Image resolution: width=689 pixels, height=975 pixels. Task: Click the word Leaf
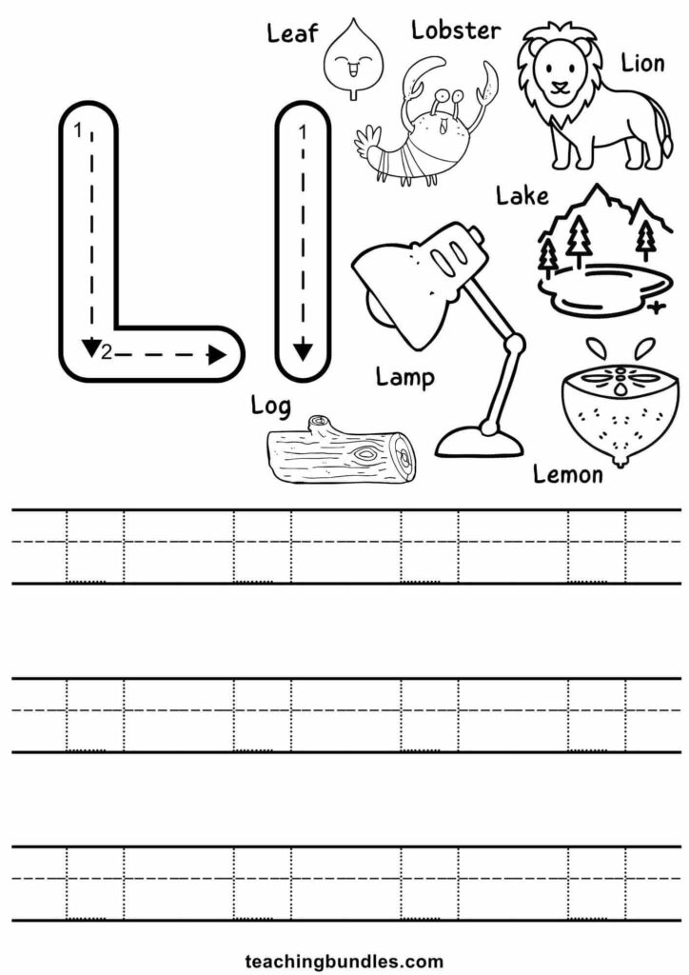(x=292, y=33)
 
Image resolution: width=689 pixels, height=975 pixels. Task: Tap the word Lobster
(x=456, y=30)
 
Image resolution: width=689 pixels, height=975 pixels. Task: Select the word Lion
(x=642, y=63)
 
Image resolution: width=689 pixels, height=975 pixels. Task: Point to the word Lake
(x=522, y=196)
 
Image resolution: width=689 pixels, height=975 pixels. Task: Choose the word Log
(x=270, y=407)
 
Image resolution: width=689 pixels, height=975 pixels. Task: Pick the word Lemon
(x=568, y=474)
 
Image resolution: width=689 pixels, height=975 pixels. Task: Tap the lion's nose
(x=561, y=86)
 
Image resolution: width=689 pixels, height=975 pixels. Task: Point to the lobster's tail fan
(x=367, y=141)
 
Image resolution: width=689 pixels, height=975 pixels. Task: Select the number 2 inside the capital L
(x=107, y=354)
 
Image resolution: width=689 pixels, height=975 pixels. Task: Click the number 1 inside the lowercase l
(x=303, y=132)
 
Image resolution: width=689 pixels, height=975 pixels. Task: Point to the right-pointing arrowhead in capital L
(x=217, y=354)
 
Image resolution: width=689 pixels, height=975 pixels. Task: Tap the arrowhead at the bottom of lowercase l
(x=303, y=352)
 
